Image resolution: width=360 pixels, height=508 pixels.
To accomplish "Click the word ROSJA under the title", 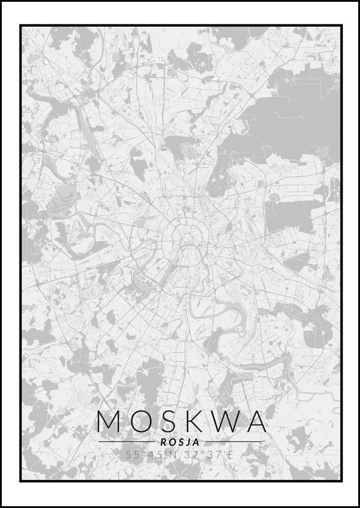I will tap(180, 441).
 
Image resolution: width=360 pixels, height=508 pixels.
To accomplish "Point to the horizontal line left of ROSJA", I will tap(128, 442).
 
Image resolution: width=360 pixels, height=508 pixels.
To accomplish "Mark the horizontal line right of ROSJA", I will tap(232, 442).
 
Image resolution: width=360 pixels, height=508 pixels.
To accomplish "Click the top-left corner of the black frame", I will tap(20, 25).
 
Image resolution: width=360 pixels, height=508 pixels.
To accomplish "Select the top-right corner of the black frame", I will tap(342, 25).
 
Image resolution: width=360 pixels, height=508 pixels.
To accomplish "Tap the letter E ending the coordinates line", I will tap(232, 455).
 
